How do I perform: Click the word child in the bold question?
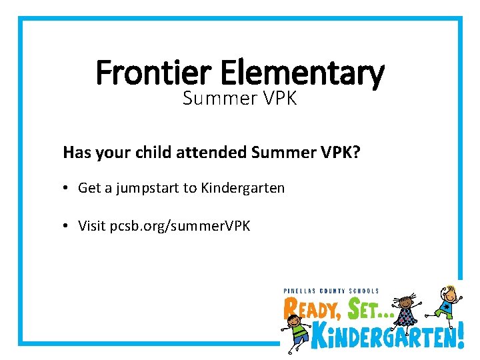153,152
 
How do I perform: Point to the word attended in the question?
211,152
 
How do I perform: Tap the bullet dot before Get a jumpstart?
68,189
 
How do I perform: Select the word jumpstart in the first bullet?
148,189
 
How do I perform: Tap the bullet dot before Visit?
68,227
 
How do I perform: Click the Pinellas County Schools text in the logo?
331,291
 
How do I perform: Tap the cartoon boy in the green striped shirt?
296,329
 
